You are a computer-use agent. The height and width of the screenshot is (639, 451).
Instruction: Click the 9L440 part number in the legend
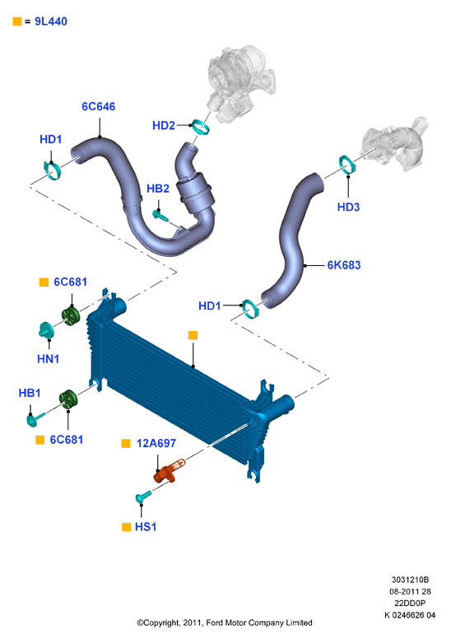(51, 21)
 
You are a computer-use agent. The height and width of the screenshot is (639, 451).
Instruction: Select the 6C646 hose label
(99, 106)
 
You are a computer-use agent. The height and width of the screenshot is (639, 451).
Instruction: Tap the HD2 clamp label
(164, 125)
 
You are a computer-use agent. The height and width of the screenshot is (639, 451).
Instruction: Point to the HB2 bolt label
(158, 189)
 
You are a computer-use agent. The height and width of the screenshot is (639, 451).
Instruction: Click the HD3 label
(348, 207)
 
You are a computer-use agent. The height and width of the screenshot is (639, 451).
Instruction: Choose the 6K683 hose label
(344, 265)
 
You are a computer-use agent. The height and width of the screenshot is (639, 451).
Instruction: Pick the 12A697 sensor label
(156, 443)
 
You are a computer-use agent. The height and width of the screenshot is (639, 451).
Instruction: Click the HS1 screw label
(146, 527)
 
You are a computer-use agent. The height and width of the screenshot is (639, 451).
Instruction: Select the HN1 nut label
(48, 359)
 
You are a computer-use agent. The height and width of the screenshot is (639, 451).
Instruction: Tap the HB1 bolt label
(30, 394)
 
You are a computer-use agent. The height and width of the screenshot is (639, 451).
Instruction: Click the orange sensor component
(169, 471)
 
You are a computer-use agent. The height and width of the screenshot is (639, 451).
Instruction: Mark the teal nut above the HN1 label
(45, 329)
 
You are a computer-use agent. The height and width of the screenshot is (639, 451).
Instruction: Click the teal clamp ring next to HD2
(201, 127)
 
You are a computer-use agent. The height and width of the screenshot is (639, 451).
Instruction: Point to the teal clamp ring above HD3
(346, 164)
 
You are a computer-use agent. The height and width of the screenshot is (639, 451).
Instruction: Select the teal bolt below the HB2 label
(160, 215)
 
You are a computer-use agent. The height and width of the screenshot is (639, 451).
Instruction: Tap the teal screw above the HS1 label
(143, 497)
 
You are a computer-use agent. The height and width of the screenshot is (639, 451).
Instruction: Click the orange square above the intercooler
(193, 335)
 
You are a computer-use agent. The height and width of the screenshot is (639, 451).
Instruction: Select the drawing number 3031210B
(410, 580)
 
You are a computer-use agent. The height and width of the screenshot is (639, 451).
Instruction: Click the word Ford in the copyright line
(215, 623)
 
